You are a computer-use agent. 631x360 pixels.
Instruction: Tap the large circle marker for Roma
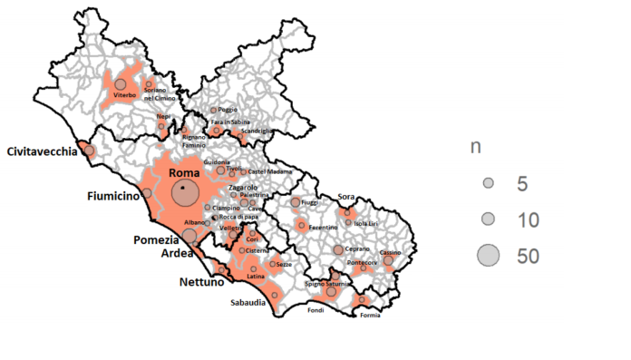[x=184, y=192]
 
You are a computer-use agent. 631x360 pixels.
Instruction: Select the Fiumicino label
[x=113, y=196]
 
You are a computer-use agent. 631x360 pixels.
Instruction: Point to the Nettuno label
[x=201, y=282]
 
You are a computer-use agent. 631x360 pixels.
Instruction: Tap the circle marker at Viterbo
[x=120, y=84]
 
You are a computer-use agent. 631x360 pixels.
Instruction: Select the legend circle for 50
[x=488, y=257]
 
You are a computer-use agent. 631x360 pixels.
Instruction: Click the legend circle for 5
[x=488, y=183]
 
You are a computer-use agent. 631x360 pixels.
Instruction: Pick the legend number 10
[x=527, y=219]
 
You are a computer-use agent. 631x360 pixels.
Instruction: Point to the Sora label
[x=345, y=197]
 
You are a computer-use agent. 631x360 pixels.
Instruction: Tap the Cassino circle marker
[x=388, y=260]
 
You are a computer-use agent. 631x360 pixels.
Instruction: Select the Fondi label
[x=315, y=309]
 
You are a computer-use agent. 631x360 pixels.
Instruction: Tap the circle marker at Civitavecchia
[x=89, y=151]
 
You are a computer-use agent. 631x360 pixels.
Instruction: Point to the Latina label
[x=256, y=276]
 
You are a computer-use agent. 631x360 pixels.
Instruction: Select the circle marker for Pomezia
[x=189, y=236]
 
